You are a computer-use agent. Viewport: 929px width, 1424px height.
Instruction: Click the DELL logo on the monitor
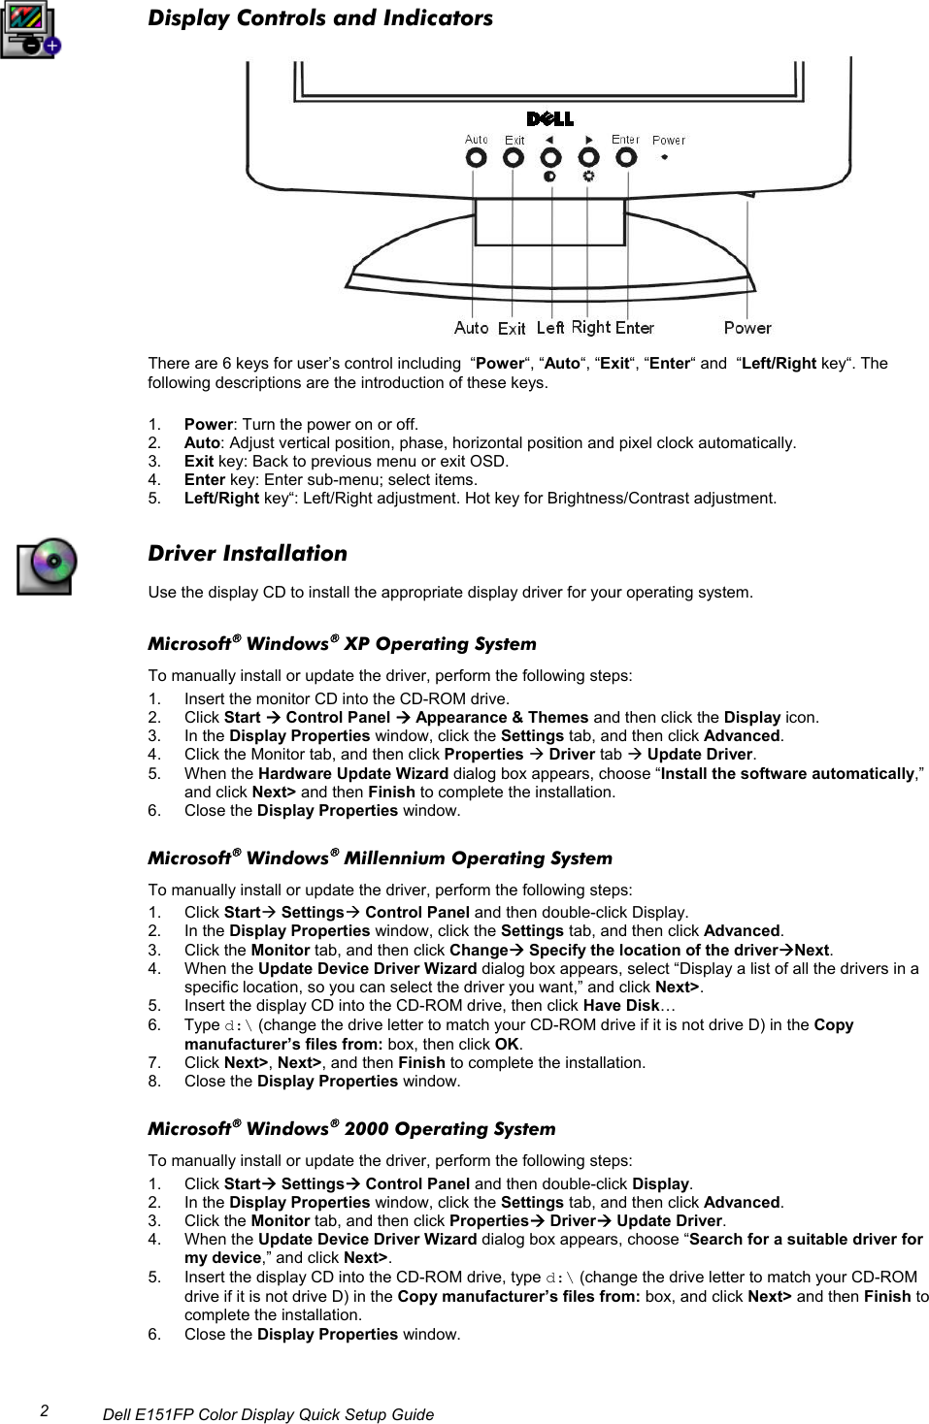[x=549, y=118]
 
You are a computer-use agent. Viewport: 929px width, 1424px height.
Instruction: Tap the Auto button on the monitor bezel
[x=476, y=158]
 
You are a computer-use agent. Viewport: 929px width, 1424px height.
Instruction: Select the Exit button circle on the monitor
[x=514, y=158]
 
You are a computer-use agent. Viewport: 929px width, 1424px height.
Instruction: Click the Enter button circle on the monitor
[x=626, y=157]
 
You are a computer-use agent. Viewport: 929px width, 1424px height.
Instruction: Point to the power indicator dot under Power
[x=665, y=157]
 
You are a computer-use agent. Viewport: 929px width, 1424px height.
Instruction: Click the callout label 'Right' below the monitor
[x=590, y=328]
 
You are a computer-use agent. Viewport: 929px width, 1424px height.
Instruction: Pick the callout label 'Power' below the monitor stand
[x=747, y=328]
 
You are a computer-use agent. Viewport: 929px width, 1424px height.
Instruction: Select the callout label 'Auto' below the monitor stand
[x=471, y=328]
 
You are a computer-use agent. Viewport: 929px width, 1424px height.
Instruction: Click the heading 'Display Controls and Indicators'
[x=319, y=17]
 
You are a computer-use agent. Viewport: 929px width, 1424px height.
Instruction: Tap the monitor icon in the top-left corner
[x=30, y=30]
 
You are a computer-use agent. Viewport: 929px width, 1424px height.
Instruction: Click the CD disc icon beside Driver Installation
[x=47, y=566]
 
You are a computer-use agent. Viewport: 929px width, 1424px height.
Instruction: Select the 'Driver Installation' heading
[x=247, y=553]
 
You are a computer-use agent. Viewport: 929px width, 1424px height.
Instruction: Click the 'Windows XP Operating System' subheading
[x=342, y=643]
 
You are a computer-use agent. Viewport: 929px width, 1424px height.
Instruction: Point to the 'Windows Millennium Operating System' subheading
[x=380, y=858]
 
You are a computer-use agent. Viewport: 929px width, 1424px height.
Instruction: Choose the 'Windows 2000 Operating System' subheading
[x=351, y=1128]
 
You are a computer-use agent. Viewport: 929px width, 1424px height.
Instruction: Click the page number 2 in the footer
[x=45, y=1411]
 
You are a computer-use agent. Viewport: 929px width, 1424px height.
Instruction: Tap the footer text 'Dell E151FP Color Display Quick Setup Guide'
[x=268, y=1414]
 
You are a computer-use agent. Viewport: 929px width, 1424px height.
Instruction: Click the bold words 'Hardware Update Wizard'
[x=352, y=773]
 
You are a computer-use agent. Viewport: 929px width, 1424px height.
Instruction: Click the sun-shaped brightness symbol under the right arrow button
[x=588, y=177]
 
